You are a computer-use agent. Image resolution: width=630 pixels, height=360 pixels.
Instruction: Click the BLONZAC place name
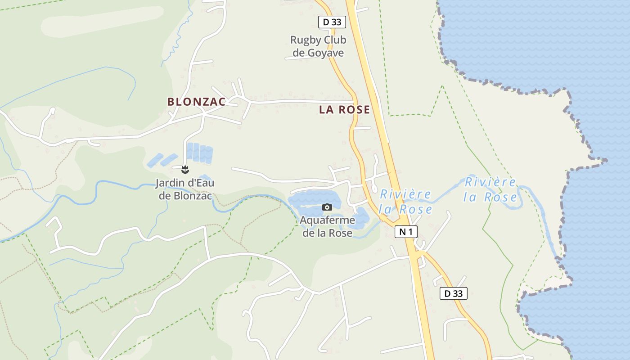(x=196, y=102)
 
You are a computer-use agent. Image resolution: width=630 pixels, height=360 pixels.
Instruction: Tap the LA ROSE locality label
(x=344, y=109)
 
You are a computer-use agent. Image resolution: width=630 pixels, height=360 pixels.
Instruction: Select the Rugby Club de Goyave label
(x=318, y=46)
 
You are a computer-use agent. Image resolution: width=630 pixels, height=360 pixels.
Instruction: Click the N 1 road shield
(x=406, y=232)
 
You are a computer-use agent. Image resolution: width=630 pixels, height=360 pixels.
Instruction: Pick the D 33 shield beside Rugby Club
(x=332, y=22)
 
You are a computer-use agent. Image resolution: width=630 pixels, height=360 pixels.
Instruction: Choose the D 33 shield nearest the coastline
(x=453, y=293)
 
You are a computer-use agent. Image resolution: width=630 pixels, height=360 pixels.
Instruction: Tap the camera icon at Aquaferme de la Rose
(x=327, y=207)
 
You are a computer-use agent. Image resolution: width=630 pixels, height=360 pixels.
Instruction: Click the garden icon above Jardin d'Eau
(x=184, y=170)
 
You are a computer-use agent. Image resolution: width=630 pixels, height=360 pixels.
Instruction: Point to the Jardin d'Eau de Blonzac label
(x=185, y=189)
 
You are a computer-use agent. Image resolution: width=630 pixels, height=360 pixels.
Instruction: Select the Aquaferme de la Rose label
(x=327, y=227)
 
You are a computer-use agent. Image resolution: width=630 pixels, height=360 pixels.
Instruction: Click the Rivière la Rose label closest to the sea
(x=490, y=190)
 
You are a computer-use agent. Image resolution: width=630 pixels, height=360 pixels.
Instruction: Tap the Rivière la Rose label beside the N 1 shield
(x=405, y=202)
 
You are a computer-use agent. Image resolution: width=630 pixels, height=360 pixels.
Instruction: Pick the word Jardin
(x=170, y=183)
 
